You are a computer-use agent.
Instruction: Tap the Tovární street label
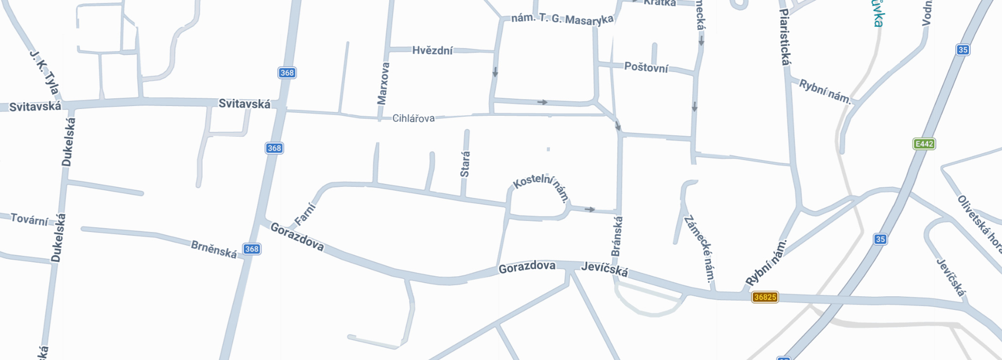tap(30, 219)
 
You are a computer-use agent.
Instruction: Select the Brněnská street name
tap(214, 249)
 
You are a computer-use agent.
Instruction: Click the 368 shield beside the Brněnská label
tap(251, 249)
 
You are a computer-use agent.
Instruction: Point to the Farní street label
tap(305, 214)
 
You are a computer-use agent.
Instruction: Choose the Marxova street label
tap(383, 83)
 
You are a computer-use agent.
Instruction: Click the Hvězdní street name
tap(432, 50)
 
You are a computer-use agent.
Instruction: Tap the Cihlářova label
tap(413, 118)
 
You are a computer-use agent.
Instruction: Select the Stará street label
tap(465, 164)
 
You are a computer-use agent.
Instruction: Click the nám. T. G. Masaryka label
tap(562, 19)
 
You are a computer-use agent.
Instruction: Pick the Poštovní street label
tap(646, 67)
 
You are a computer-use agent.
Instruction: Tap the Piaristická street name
tap(785, 37)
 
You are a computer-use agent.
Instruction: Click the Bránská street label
tap(617, 236)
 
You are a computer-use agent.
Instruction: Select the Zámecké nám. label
tap(700, 248)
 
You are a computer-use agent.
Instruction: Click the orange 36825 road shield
tap(765, 297)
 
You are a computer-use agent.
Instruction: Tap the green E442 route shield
tap(924, 144)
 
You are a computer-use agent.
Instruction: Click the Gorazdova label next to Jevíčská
tap(527, 267)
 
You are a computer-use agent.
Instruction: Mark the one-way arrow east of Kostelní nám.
tap(590, 209)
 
